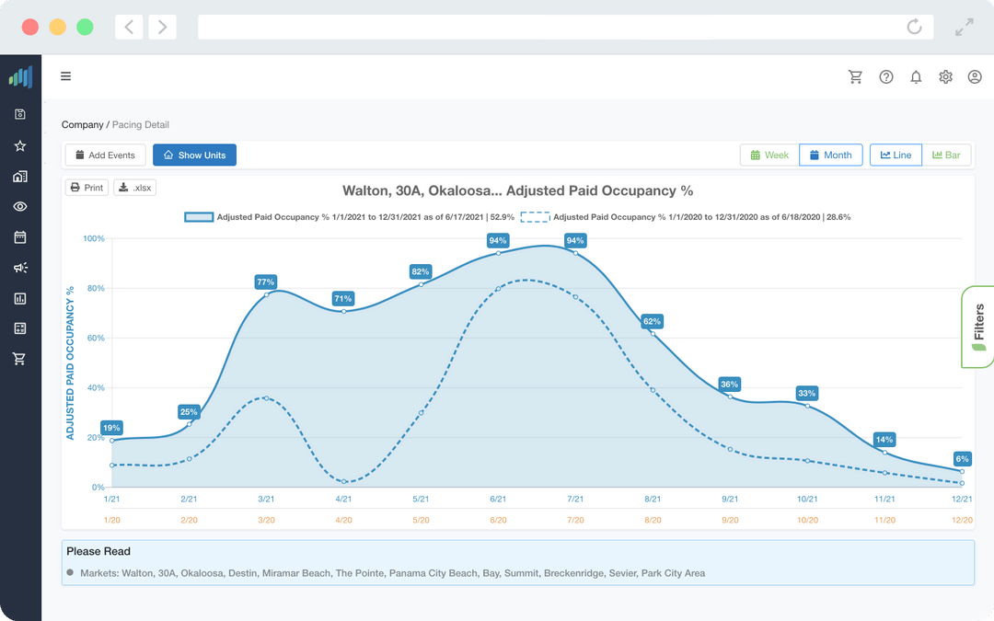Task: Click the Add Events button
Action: [x=106, y=155]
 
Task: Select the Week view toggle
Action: [x=769, y=155]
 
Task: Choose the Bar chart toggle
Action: [x=946, y=155]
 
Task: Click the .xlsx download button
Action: [x=135, y=188]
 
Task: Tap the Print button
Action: [x=87, y=188]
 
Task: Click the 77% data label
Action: [x=266, y=282]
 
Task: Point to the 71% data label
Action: [x=343, y=299]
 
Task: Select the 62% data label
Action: [x=653, y=322]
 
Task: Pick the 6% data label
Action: [x=963, y=458]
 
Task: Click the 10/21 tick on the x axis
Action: [x=807, y=499]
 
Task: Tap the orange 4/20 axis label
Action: [x=343, y=520]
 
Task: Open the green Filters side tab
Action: [x=977, y=327]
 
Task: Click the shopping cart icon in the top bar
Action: [x=855, y=77]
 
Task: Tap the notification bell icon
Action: [x=916, y=77]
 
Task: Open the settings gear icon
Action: [x=945, y=77]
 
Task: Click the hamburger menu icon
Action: [x=66, y=76]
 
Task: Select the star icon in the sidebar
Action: [x=20, y=145]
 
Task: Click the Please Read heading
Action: [x=98, y=552]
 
